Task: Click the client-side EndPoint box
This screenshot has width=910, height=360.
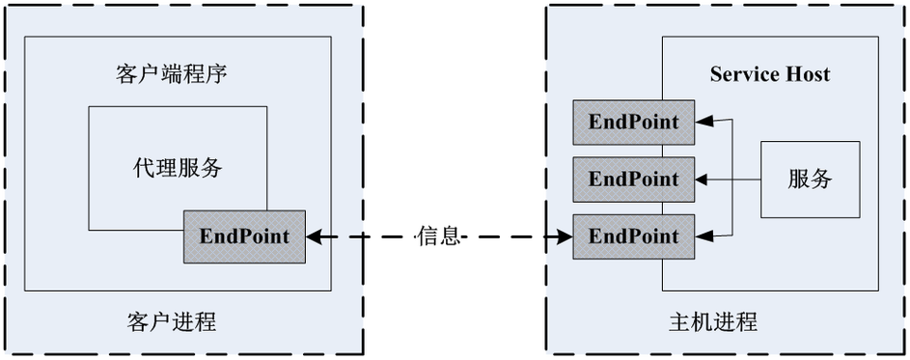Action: (x=244, y=235)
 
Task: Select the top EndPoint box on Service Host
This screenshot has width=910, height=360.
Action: (x=634, y=123)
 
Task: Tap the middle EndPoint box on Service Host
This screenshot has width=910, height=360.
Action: (x=634, y=179)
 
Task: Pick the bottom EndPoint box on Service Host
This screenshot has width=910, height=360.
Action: (x=634, y=235)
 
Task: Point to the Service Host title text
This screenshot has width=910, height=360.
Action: (x=769, y=74)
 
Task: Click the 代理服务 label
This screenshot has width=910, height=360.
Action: (x=178, y=168)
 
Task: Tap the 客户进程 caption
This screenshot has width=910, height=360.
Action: (x=171, y=321)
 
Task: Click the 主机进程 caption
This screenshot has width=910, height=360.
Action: (x=712, y=321)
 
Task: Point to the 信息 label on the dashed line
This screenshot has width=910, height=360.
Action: (x=439, y=235)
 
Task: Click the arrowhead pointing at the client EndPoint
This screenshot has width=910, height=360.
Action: (x=314, y=235)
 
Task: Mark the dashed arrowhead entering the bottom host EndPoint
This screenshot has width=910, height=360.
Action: (x=565, y=235)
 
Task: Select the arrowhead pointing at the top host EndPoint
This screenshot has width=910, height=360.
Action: (x=705, y=123)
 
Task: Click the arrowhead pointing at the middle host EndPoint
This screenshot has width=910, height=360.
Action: (x=705, y=179)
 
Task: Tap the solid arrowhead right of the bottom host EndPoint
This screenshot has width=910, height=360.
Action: (x=705, y=235)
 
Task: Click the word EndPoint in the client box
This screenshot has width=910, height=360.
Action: (x=244, y=235)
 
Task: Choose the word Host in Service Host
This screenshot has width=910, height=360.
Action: (x=807, y=74)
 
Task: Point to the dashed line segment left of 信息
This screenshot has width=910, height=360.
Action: (x=372, y=235)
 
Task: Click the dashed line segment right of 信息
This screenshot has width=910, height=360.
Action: (x=511, y=235)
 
